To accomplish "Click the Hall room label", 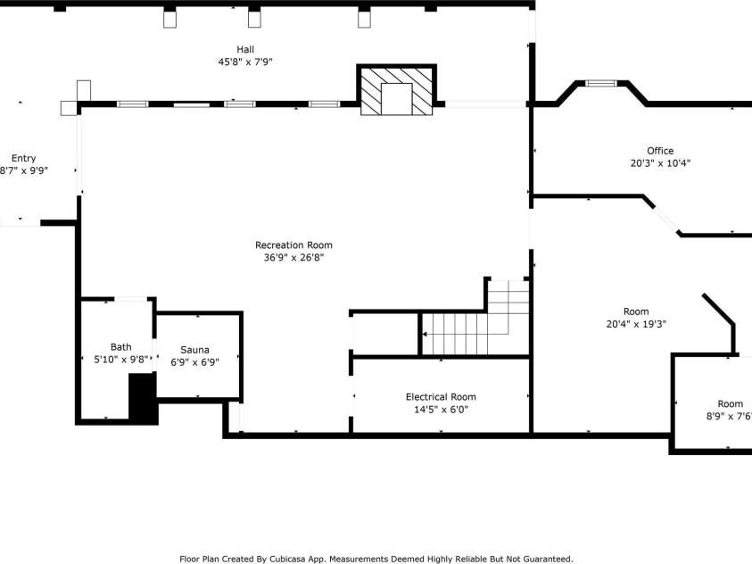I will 245,49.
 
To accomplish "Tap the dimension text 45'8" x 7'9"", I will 245,62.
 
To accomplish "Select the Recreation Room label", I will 293,245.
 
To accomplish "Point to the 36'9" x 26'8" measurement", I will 293,258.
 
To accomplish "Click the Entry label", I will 23,158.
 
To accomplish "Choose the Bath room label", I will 120,347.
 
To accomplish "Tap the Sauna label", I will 194,350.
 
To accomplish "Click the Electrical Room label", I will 441,397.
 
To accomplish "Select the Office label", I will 660,151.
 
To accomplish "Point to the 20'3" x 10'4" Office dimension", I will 660,163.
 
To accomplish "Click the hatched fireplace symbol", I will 397,90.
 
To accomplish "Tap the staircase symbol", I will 464,333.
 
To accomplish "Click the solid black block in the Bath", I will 143,398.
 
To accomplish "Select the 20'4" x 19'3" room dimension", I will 636,325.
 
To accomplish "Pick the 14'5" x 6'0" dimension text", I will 441,411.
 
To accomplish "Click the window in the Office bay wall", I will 600,84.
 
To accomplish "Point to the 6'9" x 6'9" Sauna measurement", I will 194,362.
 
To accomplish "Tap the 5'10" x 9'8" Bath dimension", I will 120,360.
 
